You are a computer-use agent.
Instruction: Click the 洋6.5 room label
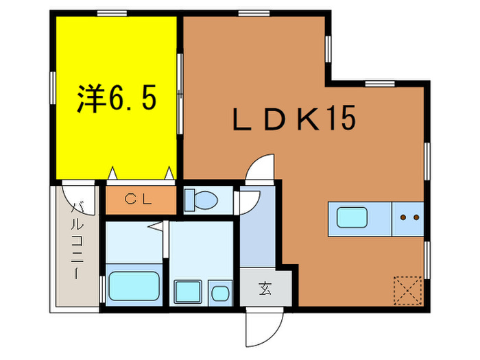pyautogui.click(x=117, y=99)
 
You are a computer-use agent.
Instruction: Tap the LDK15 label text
pyautogui.click(x=294, y=118)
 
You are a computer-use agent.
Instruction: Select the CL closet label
pyautogui.click(x=139, y=200)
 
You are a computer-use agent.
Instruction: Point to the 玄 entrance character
pyautogui.click(x=265, y=288)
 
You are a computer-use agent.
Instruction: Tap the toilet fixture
pyautogui.click(x=201, y=200)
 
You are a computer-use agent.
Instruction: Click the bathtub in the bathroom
pyautogui.click(x=134, y=286)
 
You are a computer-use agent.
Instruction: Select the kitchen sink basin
pyautogui.click(x=352, y=217)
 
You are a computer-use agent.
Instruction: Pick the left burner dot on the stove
pyautogui.click(x=403, y=217)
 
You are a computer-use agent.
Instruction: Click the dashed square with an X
pyautogui.click(x=408, y=291)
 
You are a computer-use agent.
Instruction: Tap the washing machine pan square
pyautogui.click(x=188, y=291)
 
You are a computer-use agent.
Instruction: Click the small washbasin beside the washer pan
pyautogui.click(x=220, y=293)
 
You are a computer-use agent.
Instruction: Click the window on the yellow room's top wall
pyautogui.click(x=112, y=13)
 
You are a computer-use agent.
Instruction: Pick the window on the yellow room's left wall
pyautogui.click(x=53, y=88)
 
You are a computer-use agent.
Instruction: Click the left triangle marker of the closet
pyautogui.click(x=112, y=173)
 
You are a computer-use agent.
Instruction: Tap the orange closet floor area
pyautogui.click(x=141, y=200)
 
